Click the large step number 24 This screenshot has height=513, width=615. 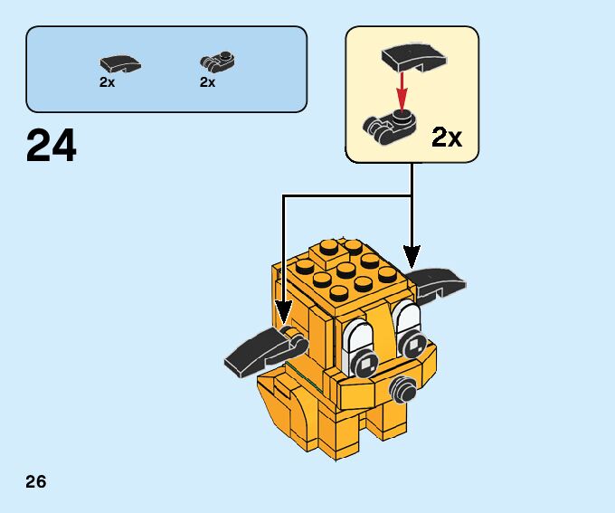(52, 145)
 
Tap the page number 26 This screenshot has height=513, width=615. (36, 481)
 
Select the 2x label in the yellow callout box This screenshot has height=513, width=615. (446, 138)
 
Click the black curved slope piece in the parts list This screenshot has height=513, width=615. (119, 63)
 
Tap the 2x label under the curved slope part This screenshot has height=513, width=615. (108, 82)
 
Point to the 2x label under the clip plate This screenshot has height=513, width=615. (208, 82)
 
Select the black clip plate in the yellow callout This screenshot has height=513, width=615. (390, 123)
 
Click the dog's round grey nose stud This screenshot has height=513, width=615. (401, 390)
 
